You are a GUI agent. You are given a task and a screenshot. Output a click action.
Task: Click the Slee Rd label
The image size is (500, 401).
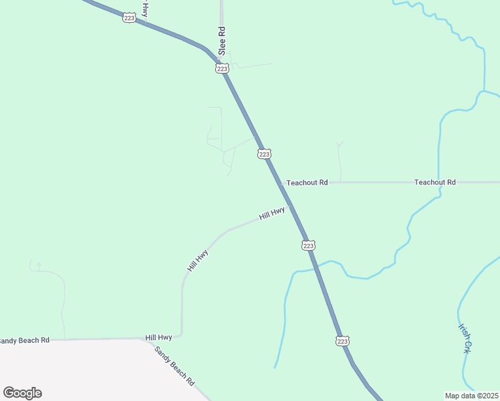pyautogui.click(x=221, y=41)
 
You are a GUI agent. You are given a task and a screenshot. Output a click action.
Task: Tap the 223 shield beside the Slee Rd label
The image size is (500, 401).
pyautogui.click(x=223, y=68)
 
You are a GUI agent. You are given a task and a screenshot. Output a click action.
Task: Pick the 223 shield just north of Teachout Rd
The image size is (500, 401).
pyautogui.click(x=264, y=154)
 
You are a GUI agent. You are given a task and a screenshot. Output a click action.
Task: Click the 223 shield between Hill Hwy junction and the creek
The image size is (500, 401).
pyautogui.click(x=308, y=246)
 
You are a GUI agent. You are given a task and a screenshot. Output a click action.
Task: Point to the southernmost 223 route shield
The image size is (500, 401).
pyautogui.click(x=342, y=341)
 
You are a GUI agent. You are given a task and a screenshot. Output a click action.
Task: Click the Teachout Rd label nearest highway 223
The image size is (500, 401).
pyautogui.click(x=307, y=182)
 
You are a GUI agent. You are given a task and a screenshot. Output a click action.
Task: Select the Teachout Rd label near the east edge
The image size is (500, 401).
pyautogui.click(x=434, y=182)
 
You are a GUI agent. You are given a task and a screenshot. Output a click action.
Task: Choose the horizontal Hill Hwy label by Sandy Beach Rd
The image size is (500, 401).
pyautogui.click(x=159, y=338)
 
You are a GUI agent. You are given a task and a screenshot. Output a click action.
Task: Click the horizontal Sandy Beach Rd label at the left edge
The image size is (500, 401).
pyautogui.click(x=24, y=340)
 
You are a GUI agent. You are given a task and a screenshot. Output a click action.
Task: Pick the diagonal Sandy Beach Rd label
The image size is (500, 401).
pyautogui.click(x=174, y=366)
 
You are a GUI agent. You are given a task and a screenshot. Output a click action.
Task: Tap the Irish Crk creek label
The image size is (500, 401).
pyautogui.click(x=465, y=338)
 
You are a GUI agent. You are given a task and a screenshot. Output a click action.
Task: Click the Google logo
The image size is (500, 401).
pyautogui.click(x=22, y=393)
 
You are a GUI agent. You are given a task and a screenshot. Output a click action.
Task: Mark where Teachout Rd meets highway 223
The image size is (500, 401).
pyautogui.click(x=279, y=182)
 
